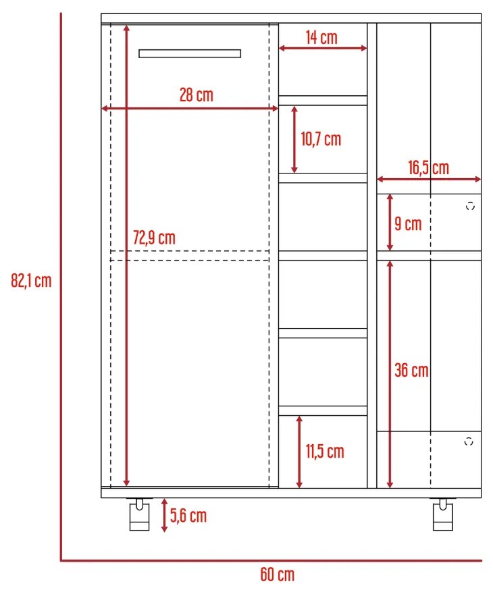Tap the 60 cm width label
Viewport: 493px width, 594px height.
pos(277,575)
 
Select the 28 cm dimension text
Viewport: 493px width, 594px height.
pos(196,95)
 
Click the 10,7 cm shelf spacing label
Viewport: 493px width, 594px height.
pos(321,139)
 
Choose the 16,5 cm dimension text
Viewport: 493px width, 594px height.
pos(428,167)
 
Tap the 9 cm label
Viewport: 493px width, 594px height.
pos(408,223)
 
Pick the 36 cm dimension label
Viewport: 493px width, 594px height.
pos(411,370)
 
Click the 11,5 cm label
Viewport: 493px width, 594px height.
pos(325,451)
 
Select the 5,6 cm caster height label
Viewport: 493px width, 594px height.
pos(188,516)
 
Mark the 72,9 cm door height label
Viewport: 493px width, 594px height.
pos(154,238)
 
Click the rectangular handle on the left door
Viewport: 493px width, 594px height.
pos(190,53)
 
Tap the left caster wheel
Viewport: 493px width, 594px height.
pos(138,516)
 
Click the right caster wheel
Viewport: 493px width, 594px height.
pos(443,516)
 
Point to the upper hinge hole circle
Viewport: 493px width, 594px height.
pos(470,207)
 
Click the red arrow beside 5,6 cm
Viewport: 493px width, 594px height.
pos(164,516)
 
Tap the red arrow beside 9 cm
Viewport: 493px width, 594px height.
pos(390,223)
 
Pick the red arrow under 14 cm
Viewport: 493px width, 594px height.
pos(323,48)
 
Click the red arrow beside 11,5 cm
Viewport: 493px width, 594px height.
pos(299,451)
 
